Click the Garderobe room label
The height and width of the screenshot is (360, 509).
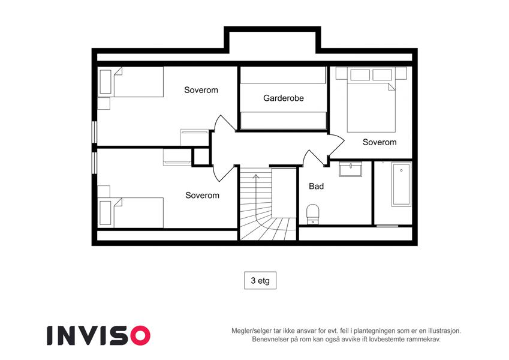[284, 98]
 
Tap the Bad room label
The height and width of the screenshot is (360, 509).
[316, 186]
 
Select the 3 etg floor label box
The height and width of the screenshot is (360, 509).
[260, 280]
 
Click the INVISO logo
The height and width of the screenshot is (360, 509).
[99, 335]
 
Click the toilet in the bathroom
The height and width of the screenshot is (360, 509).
[312, 214]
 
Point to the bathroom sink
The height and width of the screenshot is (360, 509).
[350, 169]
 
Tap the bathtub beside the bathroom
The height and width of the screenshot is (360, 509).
[401, 184]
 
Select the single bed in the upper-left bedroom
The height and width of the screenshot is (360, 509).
[131, 82]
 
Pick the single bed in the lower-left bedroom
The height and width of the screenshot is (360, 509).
[131, 212]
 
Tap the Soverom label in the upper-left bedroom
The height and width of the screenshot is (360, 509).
[201, 90]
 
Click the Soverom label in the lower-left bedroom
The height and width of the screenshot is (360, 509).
[202, 195]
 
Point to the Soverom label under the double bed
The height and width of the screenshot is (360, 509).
[380, 142]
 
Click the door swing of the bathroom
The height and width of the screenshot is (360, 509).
[314, 157]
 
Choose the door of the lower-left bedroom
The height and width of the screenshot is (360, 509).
[224, 173]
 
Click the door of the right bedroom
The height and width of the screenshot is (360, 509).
[336, 147]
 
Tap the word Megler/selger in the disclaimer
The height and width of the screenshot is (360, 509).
[249, 331]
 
